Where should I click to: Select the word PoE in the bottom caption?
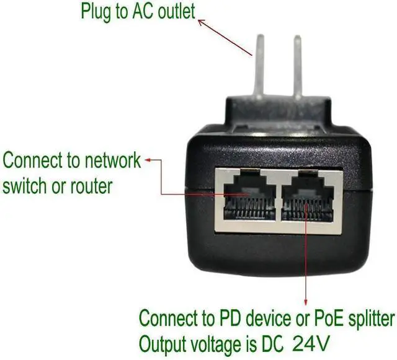click(319, 319)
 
